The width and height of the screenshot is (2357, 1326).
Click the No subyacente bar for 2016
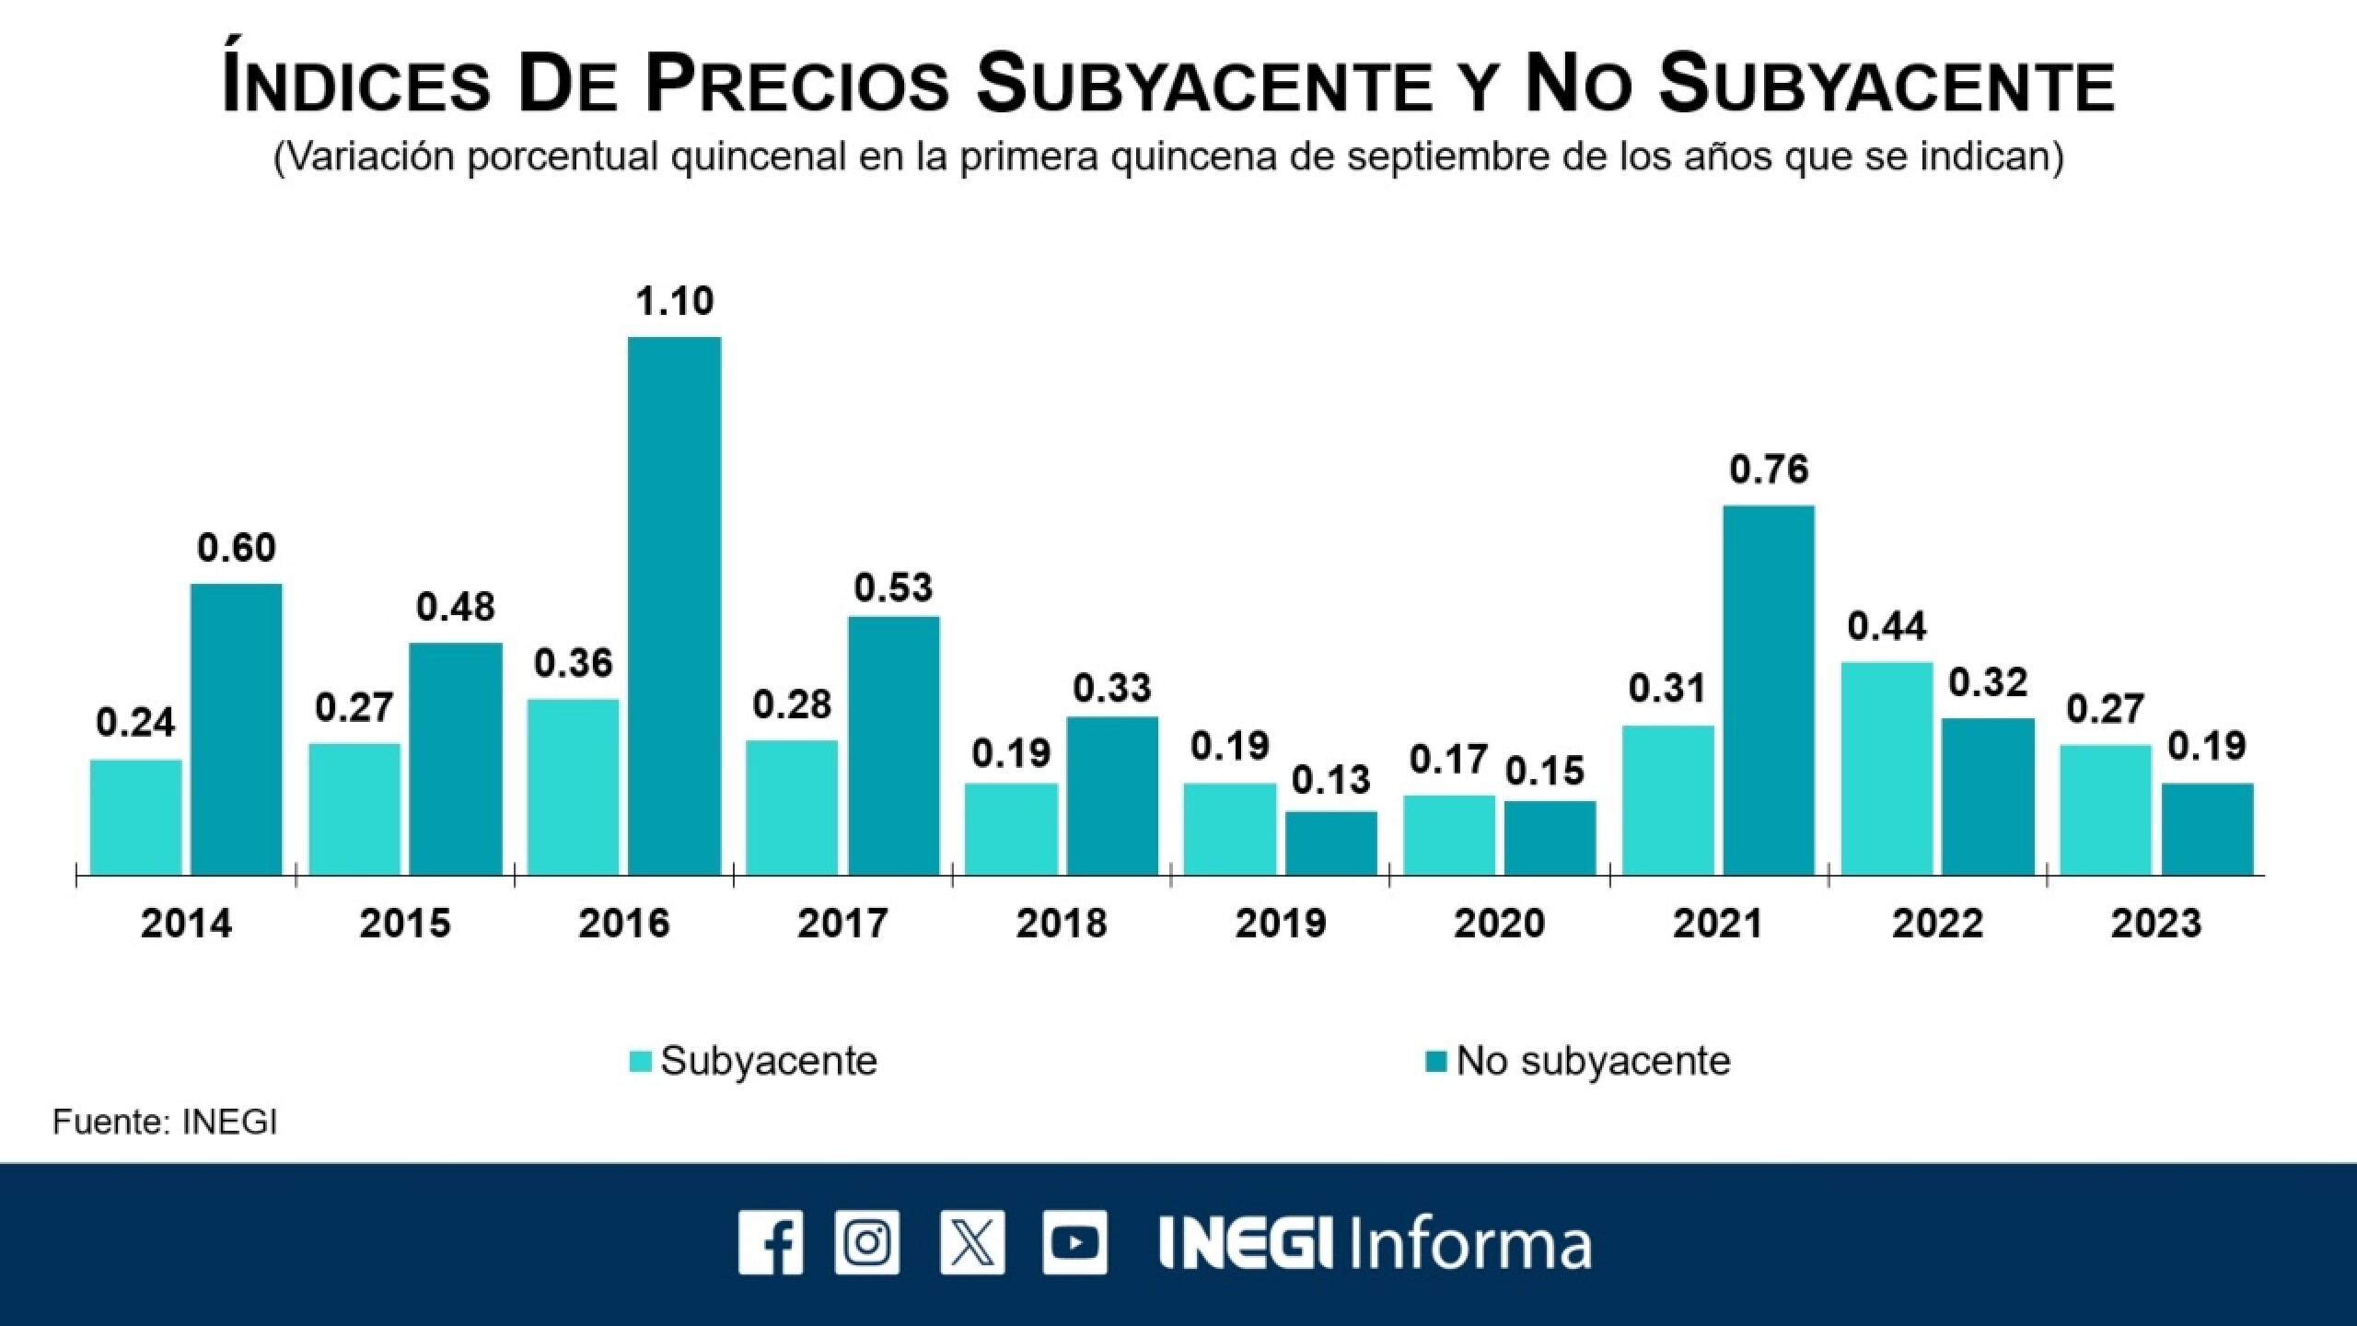tap(674, 606)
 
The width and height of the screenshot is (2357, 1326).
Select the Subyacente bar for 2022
tap(1887, 768)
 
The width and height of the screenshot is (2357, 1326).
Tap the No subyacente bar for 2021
tap(1768, 690)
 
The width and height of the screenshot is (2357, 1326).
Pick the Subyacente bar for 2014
tap(135, 817)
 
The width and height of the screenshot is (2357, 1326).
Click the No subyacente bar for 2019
tap(1330, 843)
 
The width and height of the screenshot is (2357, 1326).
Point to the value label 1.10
tap(674, 301)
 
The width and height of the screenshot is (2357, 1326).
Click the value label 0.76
tap(1769, 470)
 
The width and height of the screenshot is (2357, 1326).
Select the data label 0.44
tap(1887, 627)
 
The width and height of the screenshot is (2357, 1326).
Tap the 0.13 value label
tap(1330, 780)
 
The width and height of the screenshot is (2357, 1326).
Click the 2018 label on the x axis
tap(1061, 924)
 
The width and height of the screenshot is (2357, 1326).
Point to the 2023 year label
tap(2155, 924)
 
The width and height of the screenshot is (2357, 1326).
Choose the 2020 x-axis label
tap(1499, 924)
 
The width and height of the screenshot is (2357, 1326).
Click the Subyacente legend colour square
tap(641, 1062)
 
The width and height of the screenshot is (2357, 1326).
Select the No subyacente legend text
tap(1593, 1061)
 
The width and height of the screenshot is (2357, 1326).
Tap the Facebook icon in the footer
tap(770, 1242)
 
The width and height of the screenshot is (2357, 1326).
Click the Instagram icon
tap(867, 1242)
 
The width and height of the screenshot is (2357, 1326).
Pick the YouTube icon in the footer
tap(1074, 1242)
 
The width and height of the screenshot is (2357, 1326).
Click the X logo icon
tap(972, 1242)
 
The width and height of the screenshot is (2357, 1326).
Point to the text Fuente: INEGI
tap(165, 1122)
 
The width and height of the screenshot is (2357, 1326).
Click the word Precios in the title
tap(796, 85)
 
